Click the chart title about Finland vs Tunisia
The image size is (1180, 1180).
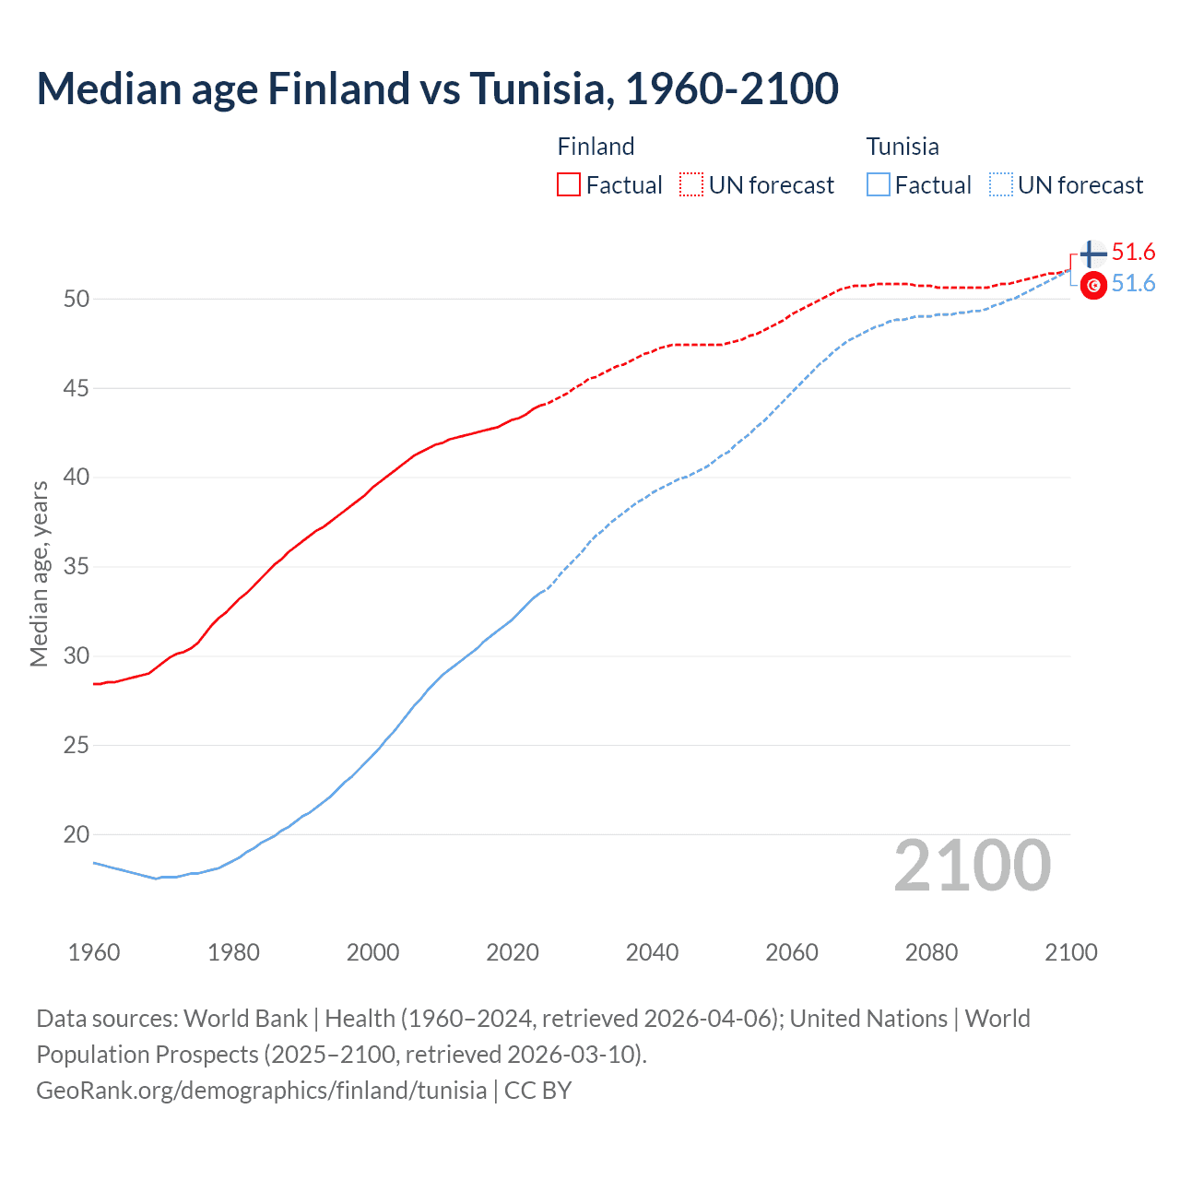(x=437, y=88)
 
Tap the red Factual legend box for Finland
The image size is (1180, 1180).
(x=569, y=185)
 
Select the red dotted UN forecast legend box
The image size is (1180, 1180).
(x=691, y=185)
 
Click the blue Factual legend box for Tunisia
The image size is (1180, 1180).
(x=879, y=185)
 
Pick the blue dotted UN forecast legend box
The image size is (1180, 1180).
(x=1001, y=185)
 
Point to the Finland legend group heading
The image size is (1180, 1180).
(x=596, y=147)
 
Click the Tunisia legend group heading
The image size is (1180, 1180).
(x=903, y=147)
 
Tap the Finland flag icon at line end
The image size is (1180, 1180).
(x=1092, y=254)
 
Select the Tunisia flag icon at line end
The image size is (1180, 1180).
(x=1093, y=286)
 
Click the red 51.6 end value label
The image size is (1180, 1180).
(x=1133, y=253)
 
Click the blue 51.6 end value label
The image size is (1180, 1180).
(x=1133, y=284)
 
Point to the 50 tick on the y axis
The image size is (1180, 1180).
(x=77, y=299)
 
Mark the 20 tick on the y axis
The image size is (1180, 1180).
(x=77, y=834)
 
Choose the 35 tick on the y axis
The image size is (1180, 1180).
(x=77, y=566)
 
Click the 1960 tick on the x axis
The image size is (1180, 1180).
(x=94, y=952)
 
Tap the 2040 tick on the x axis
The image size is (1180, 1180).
(x=652, y=952)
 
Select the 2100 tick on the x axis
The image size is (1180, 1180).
(x=1070, y=952)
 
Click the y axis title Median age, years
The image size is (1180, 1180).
(x=39, y=573)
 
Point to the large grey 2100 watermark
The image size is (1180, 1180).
(x=972, y=866)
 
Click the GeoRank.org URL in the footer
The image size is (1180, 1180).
(x=261, y=1091)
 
